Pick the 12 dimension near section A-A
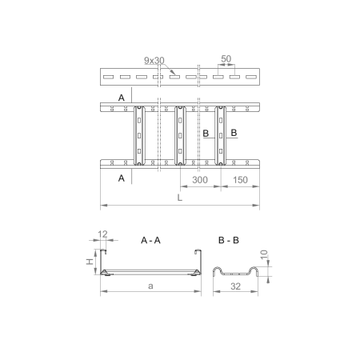pyautogui.click(x=102, y=235)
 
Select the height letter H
pyautogui.click(x=92, y=260)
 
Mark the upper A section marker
pyautogui.click(x=121, y=96)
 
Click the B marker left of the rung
pyautogui.click(x=206, y=132)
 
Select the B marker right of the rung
pyautogui.click(x=234, y=132)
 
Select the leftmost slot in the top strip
pyautogui.click(x=107, y=78)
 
